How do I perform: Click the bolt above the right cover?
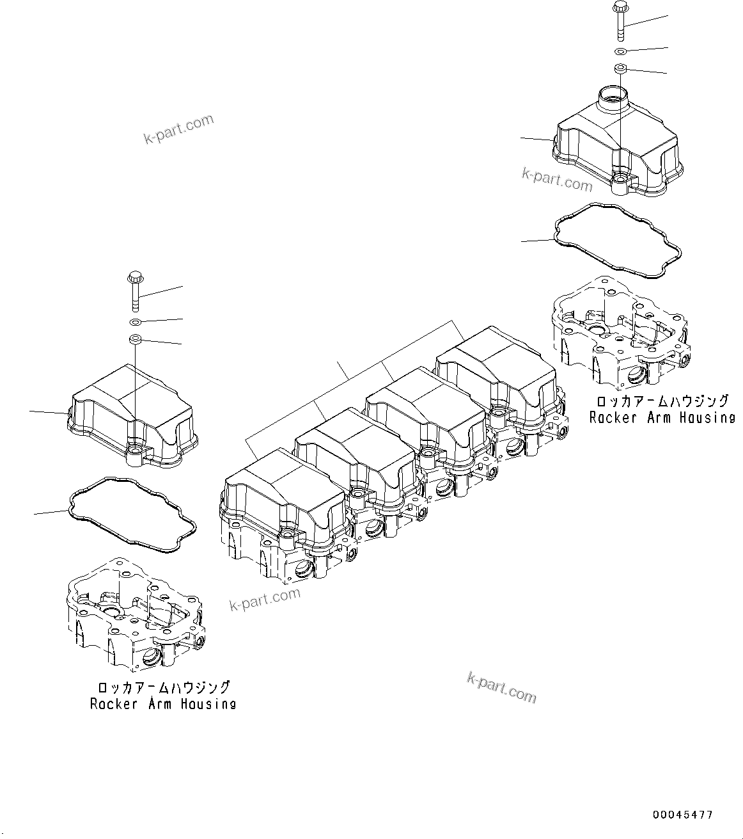[x=620, y=19]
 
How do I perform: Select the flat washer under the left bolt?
[x=135, y=321]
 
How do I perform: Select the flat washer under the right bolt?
[x=620, y=51]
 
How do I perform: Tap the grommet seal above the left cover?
[x=135, y=338]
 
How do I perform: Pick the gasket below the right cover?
[x=618, y=242]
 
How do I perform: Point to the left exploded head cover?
[x=131, y=416]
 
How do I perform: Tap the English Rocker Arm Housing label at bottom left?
[x=162, y=703]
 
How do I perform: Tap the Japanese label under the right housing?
[x=662, y=401]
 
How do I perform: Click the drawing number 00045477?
[x=682, y=815]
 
